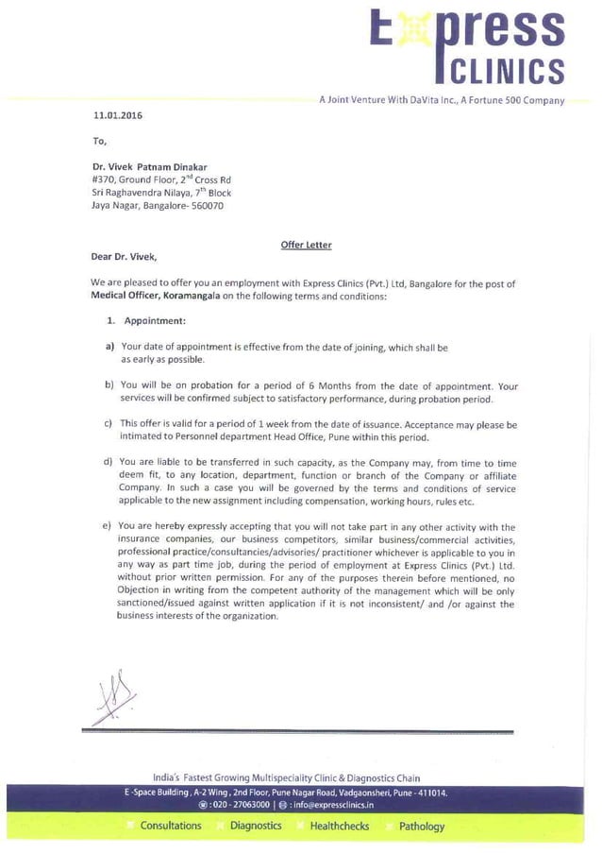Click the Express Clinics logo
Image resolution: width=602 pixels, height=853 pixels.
pyautogui.click(x=466, y=47)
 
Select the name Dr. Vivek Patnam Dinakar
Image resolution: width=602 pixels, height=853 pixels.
pyautogui.click(x=149, y=166)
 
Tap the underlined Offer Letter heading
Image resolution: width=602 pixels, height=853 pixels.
pyautogui.click(x=306, y=245)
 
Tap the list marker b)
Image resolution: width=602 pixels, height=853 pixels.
pyautogui.click(x=110, y=385)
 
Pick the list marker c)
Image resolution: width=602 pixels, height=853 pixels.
pyautogui.click(x=109, y=424)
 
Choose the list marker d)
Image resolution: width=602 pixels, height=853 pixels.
pyautogui.click(x=109, y=463)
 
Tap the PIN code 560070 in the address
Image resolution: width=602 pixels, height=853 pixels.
pyautogui.click(x=207, y=205)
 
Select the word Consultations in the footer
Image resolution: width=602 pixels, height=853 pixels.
pyautogui.click(x=171, y=826)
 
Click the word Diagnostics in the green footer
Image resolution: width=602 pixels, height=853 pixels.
pyautogui.click(x=256, y=826)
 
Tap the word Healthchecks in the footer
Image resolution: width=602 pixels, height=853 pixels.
pyautogui.click(x=340, y=826)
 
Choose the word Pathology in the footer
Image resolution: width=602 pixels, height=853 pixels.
pyautogui.click(x=422, y=827)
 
